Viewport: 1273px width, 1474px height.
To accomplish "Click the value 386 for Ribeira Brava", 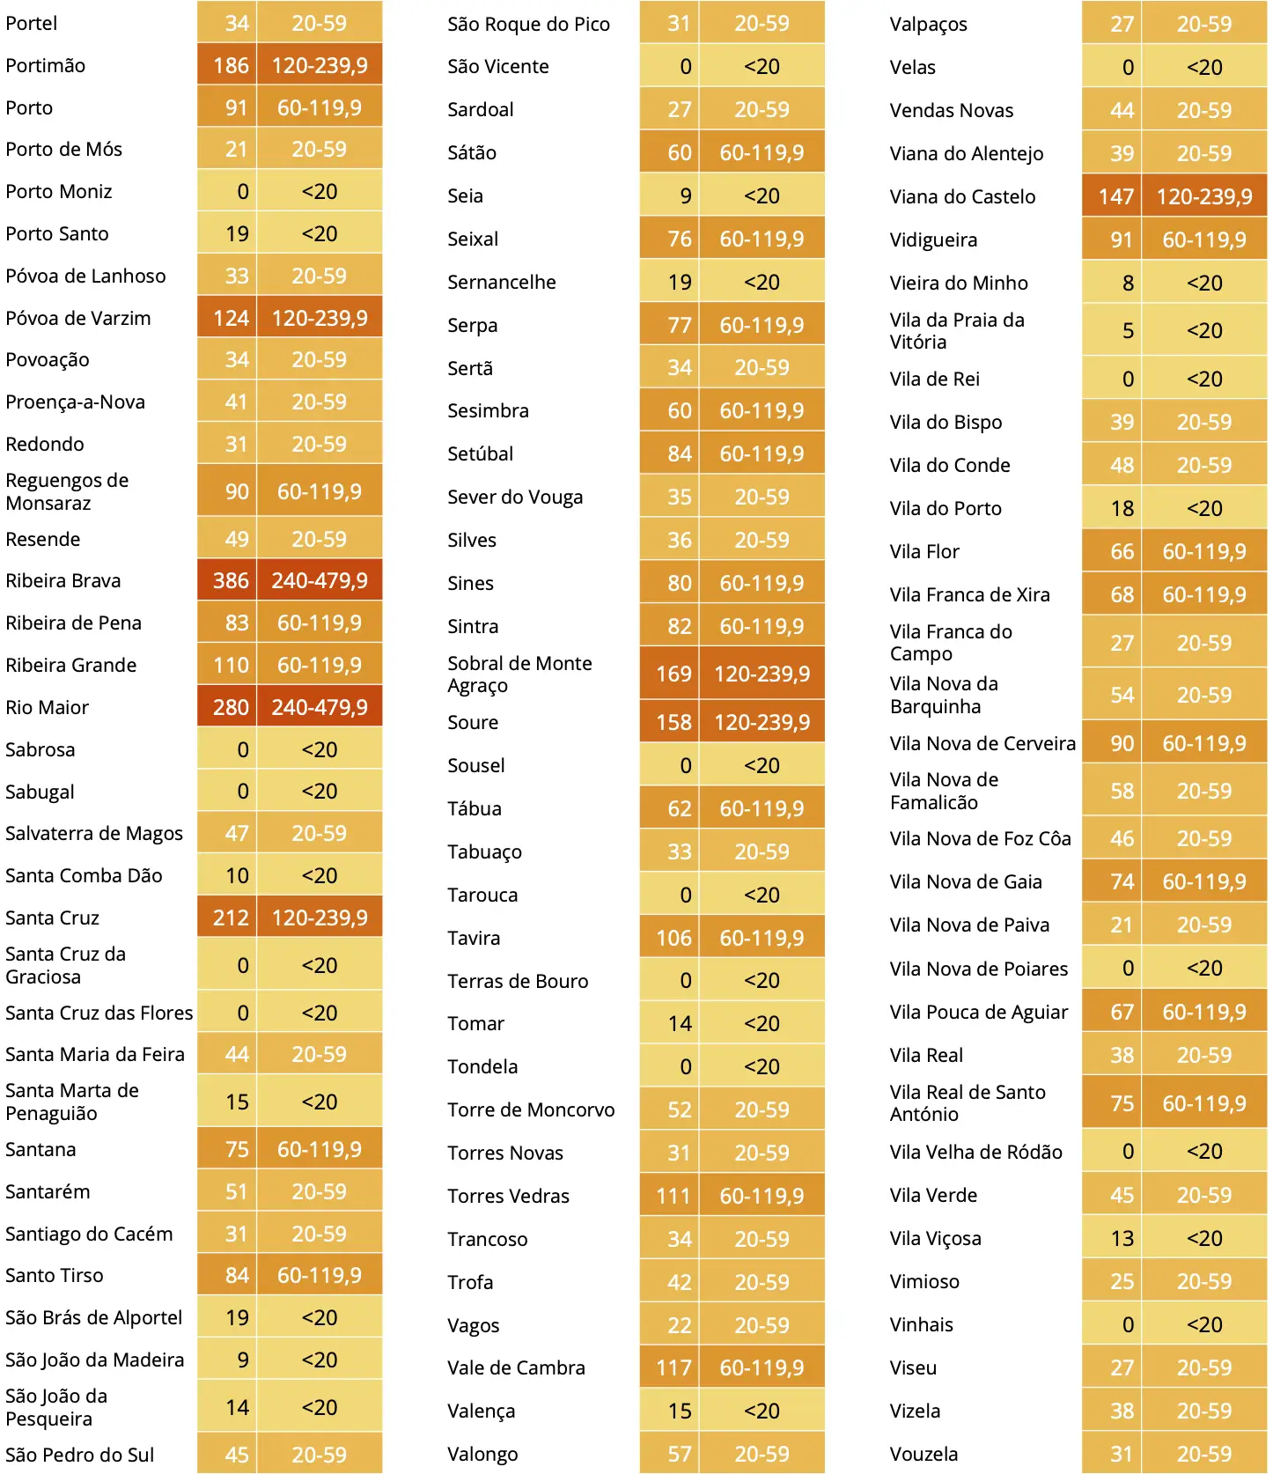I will point(231,581).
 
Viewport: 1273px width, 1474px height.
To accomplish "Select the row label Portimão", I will point(46,66).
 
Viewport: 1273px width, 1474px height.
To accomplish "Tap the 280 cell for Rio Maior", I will point(231,708).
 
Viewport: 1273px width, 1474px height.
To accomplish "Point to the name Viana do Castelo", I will point(962,197).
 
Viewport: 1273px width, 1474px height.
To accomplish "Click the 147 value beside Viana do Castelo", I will point(1115,197).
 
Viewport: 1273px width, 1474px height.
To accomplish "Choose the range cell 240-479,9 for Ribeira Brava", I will point(320,581).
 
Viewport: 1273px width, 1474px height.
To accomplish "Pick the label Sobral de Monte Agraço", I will point(519,674).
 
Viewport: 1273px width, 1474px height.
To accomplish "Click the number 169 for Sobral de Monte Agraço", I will point(673,674).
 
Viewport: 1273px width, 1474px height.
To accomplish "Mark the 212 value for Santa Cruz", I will point(231,918).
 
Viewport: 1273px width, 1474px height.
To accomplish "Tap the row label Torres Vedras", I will point(508,1197).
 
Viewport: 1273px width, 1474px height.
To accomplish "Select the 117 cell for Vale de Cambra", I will point(673,1368).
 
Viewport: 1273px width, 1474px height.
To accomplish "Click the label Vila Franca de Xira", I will point(969,595).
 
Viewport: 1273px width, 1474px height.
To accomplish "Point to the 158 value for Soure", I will point(673,723).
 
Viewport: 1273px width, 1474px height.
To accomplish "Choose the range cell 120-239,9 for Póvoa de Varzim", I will point(320,319).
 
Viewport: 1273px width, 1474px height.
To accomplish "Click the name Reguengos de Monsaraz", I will point(67,492).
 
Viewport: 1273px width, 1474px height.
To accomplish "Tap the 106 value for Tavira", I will point(673,939).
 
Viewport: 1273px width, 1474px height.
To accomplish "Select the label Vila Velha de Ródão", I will point(975,1153).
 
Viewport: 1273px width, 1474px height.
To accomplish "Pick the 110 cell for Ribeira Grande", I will point(231,666).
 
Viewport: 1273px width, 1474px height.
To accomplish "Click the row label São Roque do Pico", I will point(528,25).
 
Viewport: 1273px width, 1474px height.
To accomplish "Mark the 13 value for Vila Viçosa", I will point(1122,1239).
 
